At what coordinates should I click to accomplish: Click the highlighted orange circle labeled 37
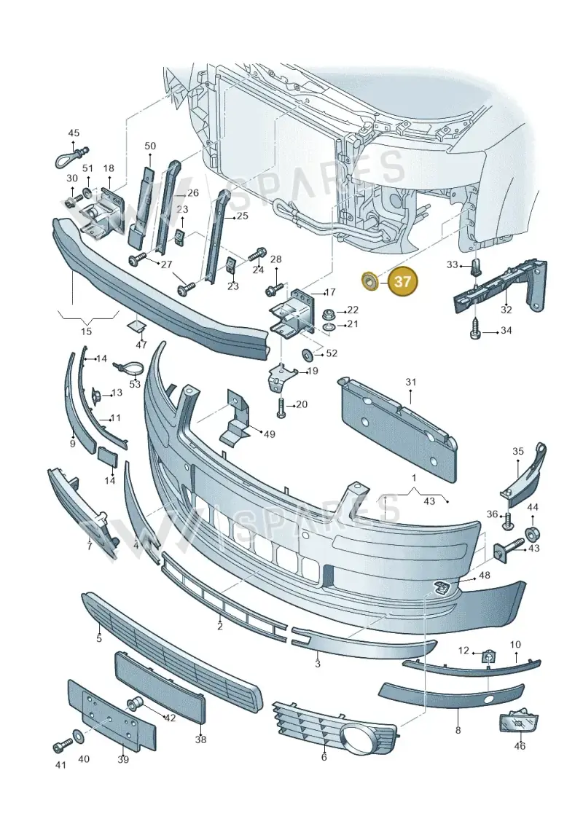pyautogui.click(x=403, y=282)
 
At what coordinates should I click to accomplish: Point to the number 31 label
pyautogui.click(x=410, y=382)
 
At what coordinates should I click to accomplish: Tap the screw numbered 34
pyautogui.click(x=474, y=329)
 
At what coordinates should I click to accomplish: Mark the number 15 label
pyautogui.click(x=86, y=331)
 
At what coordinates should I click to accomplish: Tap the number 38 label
pyautogui.click(x=200, y=739)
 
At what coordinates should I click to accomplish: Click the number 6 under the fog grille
pyautogui.click(x=324, y=756)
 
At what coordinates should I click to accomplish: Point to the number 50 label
pyautogui.click(x=150, y=146)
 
